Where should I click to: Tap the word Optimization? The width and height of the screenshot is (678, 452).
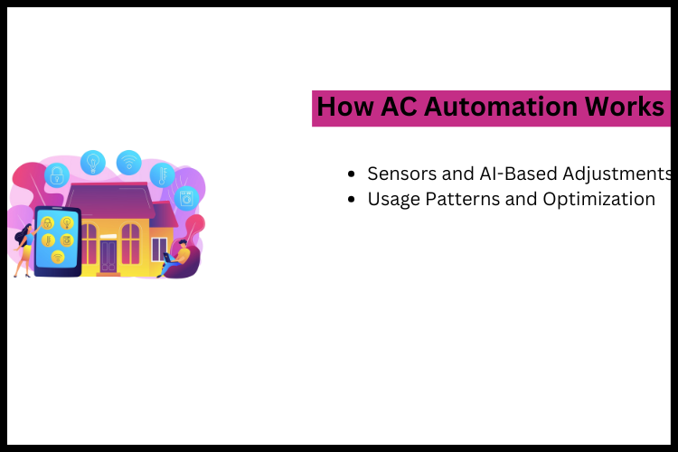point(598,199)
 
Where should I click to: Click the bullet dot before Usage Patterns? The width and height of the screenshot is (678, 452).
point(352,200)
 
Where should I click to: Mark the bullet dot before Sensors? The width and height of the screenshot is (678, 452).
point(352,174)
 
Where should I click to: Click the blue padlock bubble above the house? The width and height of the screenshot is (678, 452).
point(57,174)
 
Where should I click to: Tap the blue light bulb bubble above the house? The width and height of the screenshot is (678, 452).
point(92,162)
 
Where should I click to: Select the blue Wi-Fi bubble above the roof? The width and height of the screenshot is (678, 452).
point(128,162)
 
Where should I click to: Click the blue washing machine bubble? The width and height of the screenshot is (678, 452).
point(186,197)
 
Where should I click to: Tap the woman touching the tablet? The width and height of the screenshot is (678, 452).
point(22,249)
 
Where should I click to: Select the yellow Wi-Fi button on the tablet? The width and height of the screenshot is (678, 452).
point(57,257)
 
